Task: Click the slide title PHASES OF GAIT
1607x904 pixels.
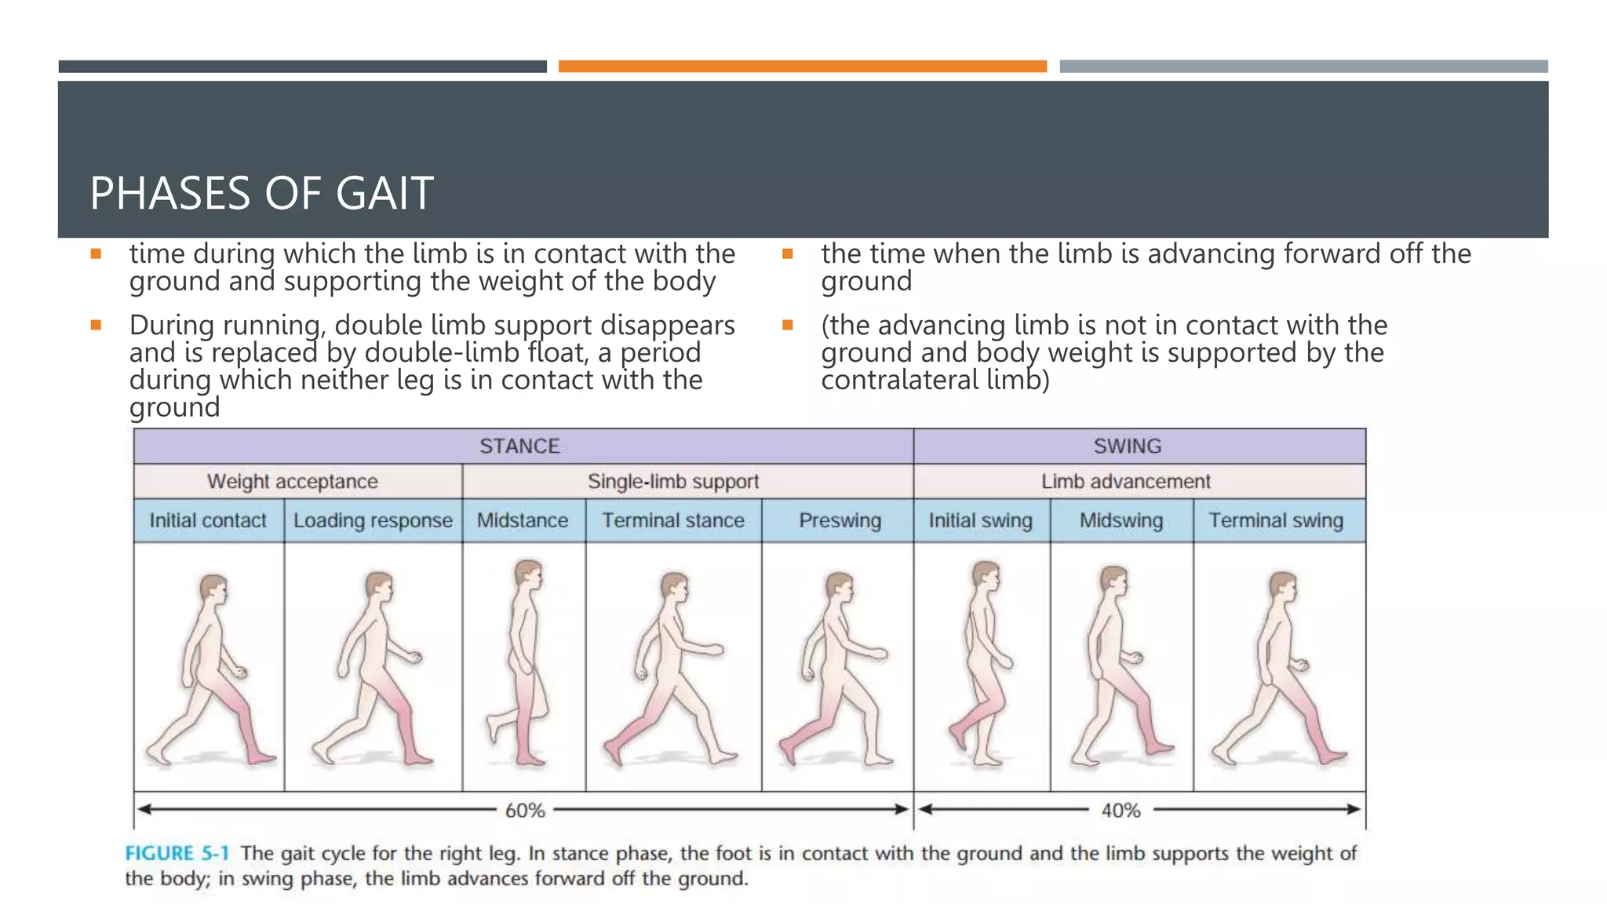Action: [261, 193]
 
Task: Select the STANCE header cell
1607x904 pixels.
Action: [519, 446]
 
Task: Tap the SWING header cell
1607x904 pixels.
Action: [1127, 446]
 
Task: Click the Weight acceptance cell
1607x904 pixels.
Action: [292, 481]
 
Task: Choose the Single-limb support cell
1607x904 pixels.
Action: [673, 481]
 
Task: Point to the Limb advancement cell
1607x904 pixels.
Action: [1125, 481]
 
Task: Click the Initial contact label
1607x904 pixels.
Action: [208, 520]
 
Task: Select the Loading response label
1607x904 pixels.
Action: [373, 520]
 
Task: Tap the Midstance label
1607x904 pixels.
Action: [523, 520]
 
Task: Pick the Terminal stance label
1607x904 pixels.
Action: [673, 520]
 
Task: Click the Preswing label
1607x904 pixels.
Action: [840, 520]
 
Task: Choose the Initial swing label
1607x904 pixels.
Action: [980, 520]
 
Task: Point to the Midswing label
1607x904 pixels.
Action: [1121, 520]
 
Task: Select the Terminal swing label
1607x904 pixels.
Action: [1276, 520]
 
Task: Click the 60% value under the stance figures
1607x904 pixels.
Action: [525, 810]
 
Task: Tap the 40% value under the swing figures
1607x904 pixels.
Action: [1121, 810]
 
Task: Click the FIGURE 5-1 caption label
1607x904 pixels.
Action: [177, 853]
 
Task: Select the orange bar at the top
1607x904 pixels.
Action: [802, 67]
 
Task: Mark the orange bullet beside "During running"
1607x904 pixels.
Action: [96, 325]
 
